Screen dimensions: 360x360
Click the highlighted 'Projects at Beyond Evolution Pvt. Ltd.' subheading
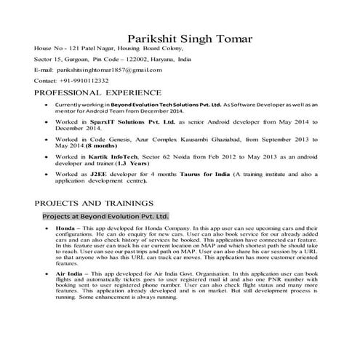coord(105,216)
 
